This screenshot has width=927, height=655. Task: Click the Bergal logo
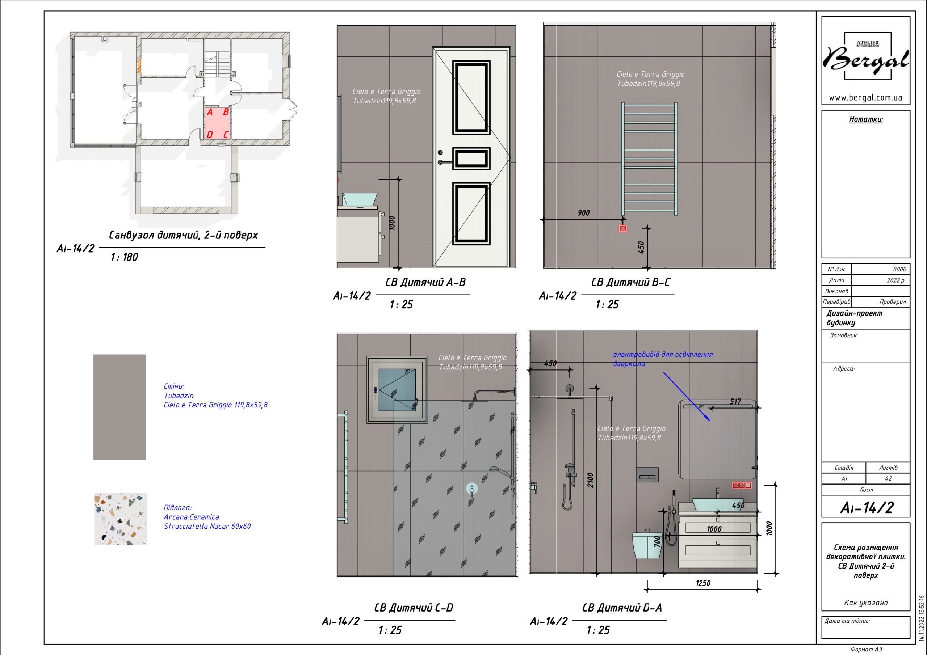click(867, 57)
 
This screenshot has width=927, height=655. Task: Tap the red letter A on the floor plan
click(210, 112)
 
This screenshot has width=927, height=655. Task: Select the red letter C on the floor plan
click(226, 134)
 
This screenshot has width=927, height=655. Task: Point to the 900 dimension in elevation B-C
click(583, 213)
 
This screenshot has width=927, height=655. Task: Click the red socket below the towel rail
click(623, 228)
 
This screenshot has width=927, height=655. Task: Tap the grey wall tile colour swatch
click(119, 407)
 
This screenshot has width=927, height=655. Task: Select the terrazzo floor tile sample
click(120, 519)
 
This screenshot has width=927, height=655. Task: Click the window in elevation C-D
click(397, 389)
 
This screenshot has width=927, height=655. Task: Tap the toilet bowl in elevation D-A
click(647, 545)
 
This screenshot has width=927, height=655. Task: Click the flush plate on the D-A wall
click(647, 475)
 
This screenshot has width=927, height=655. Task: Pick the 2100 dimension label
click(590, 480)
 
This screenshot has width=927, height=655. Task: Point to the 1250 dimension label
click(703, 583)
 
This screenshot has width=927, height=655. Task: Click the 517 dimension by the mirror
click(735, 402)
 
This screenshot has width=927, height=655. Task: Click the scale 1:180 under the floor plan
click(124, 257)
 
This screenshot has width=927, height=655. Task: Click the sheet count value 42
click(888, 479)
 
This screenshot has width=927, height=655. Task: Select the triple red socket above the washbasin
click(742, 486)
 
